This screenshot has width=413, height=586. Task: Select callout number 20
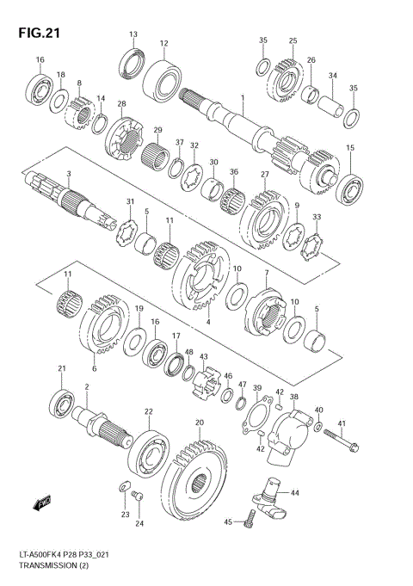(x=199, y=423)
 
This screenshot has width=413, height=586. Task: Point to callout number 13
(x=133, y=34)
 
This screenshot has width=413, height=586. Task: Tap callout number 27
(x=265, y=175)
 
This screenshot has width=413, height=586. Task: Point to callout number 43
(x=204, y=356)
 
